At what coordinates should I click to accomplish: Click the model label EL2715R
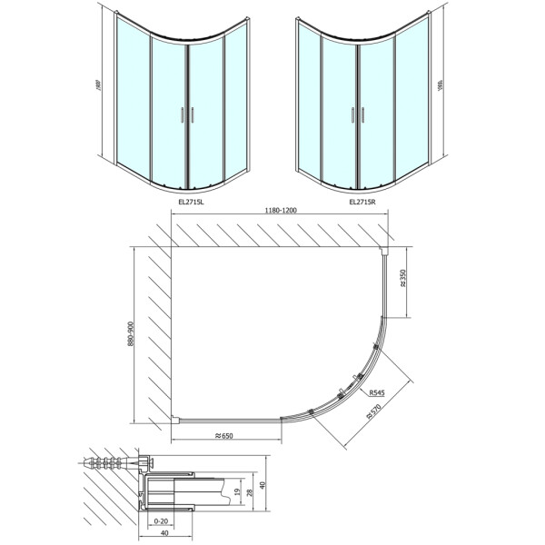point(364,202)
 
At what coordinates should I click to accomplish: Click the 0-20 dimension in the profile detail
point(161,521)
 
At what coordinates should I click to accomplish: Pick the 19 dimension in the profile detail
point(236,493)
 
